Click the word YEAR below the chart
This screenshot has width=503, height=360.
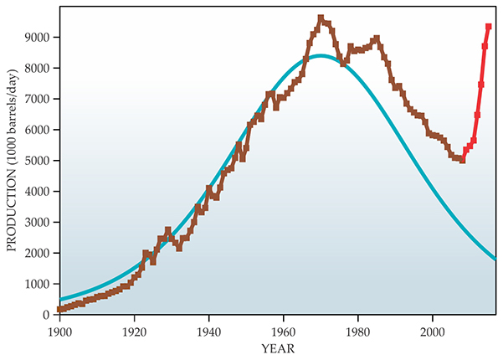(277, 347)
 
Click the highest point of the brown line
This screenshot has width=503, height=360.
(321, 18)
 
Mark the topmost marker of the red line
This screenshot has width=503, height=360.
(489, 27)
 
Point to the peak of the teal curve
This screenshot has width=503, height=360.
(321, 56)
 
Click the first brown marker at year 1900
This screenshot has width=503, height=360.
(59, 310)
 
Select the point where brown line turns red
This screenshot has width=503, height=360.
(462, 159)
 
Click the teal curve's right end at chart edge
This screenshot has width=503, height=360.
(495, 259)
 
